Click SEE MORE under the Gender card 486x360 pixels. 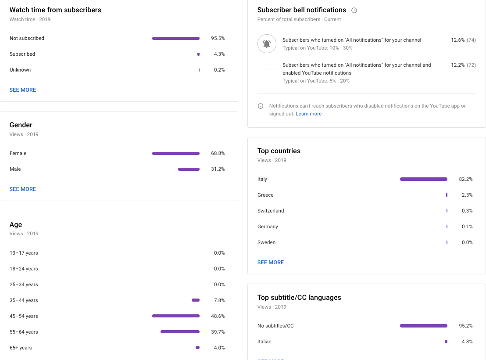pyautogui.click(x=23, y=189)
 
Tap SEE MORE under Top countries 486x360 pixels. pyautogui.click(x=271, y=263)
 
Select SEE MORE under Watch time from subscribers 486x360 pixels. pyautogui.click(x=23, y=90)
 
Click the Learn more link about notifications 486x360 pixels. pyautogui.click(x=308, y=114)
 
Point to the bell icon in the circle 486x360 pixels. pyautogui.click(x=267, y=44)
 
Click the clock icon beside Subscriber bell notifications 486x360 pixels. pyautogui.click(x=354, y=10)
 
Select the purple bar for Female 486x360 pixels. pyautogui.click(x=175, y=153)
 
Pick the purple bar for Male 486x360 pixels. pyautogui.click(x=189, y=169)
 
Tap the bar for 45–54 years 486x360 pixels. pyautogui.click(x=175, y=316)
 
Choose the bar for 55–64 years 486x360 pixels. pyautogui.click(x=180, y=332)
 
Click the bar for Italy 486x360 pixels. pyautogui.click(x=423, y=179)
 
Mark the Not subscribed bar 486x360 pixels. pyautogui.click(x=175, y=38)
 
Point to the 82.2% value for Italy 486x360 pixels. pyautogui.click(x=465, y=179)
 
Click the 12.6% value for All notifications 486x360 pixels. pyautogui.click(x=457, y=40)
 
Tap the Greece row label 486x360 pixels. pyautogui.click(x=265, y=195)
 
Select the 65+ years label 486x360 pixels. pyautogui.click(x=21, y=348)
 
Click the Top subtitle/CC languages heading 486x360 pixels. pyautogui.click(x=299, y=298)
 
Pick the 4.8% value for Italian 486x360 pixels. pyautogui.click(x=467, y=342)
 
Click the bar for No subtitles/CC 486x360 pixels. pyautogui.click(x=423, y=326)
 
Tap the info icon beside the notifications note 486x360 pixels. pyautogui.click(x=261, y=106)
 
